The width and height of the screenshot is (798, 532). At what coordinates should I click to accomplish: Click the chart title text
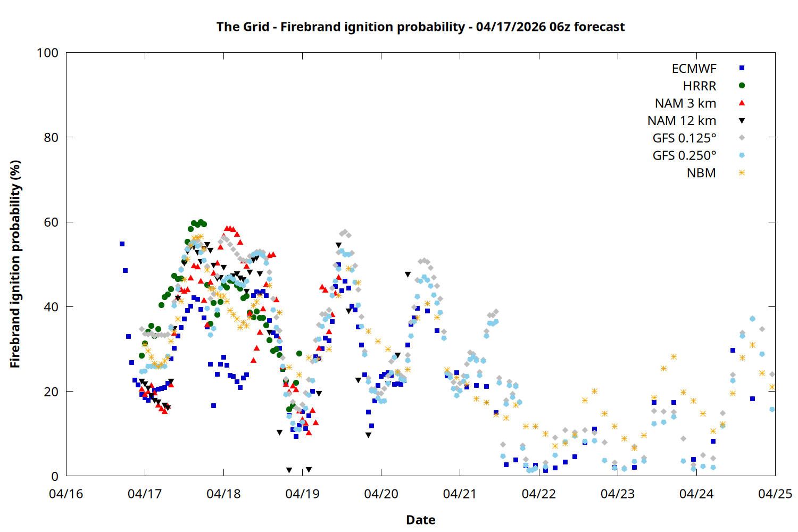pyautogui.click(x=420, y=27)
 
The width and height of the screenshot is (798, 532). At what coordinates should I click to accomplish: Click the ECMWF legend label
pyautogui.click(x=694, y=69)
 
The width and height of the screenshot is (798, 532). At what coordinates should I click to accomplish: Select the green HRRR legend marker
pyautogui.click(x=742, y=86)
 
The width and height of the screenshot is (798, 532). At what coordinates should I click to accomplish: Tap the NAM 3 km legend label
pyautogui.click(x=685, y=103)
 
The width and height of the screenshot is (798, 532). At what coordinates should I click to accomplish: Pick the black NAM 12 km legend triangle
pyautogui.click(x=742, y=121)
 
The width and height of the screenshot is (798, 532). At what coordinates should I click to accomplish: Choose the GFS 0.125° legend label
pyautogui.click(x=684, y=138)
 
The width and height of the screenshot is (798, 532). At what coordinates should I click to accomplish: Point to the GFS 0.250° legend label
pyautogui.click(x=684, y=155)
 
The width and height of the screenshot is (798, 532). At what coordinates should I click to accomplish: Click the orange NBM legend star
pyautogui.click(x=742, y=173)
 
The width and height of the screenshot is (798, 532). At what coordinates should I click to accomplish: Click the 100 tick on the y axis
pyautogui.click(x=47, y=53)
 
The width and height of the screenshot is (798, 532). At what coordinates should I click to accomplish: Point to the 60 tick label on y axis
pyautogui.click(x=51, y=222)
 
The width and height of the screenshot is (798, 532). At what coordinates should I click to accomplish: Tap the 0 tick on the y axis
pyautogui.click(x=55, y=476)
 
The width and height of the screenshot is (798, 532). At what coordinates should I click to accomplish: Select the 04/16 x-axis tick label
pyautogui.click(x=66, y=494)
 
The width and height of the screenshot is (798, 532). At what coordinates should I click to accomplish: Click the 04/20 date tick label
pyautogui.click(x=381, y=494)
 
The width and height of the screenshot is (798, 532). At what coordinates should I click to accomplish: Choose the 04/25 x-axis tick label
pyautogui.click(x=775, y=494)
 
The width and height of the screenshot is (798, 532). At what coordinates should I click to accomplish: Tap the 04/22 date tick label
pyautogui.click(x=538, y=494)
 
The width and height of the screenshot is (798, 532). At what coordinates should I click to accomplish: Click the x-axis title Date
pyautogui.click(x=420, y=520)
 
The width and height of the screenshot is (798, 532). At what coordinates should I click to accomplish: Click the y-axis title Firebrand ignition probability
pyautogui.click(x=15, y=264)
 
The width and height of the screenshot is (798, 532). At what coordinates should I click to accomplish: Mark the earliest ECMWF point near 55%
pyautogui.click(x=122, y=244)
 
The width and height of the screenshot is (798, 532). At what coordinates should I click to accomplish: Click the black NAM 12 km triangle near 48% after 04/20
pyautogui.click(x=408, y=275)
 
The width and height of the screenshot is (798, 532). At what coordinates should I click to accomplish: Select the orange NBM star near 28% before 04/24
pyautogui.click(x=674, y=356)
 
